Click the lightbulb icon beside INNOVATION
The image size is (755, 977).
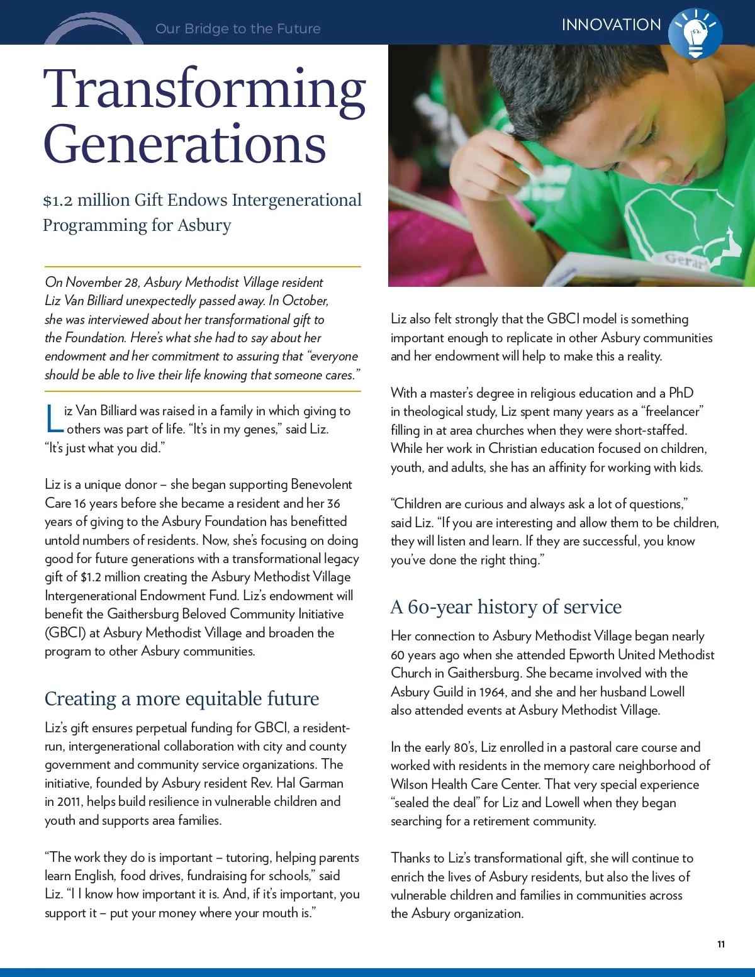point(695,33)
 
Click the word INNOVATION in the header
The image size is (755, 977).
point(611,25)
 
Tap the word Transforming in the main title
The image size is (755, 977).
point(204,89)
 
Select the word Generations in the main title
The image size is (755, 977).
point(185,145)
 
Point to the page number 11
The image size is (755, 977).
point(721,944)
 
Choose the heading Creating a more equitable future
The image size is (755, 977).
point(182,699)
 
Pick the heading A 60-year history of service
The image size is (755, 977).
point(506,607)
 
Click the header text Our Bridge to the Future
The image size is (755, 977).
point(238,29)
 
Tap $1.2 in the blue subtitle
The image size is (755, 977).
point(58,201)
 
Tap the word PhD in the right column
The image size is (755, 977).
point(681,393)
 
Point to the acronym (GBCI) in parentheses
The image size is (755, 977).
point(65,633)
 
